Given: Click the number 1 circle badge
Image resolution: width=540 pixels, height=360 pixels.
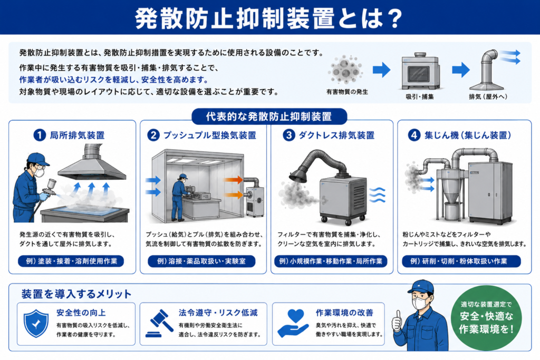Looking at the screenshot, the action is (x=40, y=135).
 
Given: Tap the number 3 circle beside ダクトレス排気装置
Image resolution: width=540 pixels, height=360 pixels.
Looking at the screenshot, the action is (x=288, y=135).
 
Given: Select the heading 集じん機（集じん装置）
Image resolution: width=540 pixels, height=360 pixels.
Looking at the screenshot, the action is (x=468, y=135).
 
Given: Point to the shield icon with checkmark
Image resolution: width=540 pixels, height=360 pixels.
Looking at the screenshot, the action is (x=36, y=324).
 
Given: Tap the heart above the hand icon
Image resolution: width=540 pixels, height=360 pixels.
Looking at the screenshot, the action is (x=295, y=315).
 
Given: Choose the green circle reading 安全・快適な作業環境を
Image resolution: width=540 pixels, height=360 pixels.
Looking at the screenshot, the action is (x=486, y=317).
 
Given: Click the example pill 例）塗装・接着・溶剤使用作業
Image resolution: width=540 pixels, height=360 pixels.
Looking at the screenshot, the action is (x=71, y=261).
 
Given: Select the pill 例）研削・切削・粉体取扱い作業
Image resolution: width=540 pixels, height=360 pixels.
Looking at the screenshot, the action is (x=461, y=261).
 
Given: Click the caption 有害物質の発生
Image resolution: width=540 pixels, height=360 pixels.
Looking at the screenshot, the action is (x=347, y=92).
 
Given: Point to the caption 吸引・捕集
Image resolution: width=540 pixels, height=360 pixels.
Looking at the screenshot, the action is (x=420, y=96).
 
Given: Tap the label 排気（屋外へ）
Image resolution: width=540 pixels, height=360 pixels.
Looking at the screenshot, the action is (x=488, y=96).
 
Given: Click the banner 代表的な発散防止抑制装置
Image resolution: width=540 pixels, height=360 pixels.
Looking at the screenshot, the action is (x=269, y=116).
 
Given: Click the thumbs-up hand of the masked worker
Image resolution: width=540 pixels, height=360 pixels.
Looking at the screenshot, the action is (x=398, y=321).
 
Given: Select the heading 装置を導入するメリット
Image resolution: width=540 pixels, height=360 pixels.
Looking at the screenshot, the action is (x=76, y=294).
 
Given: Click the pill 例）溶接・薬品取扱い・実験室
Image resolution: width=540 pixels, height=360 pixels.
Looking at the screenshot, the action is (x=201, y=261).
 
